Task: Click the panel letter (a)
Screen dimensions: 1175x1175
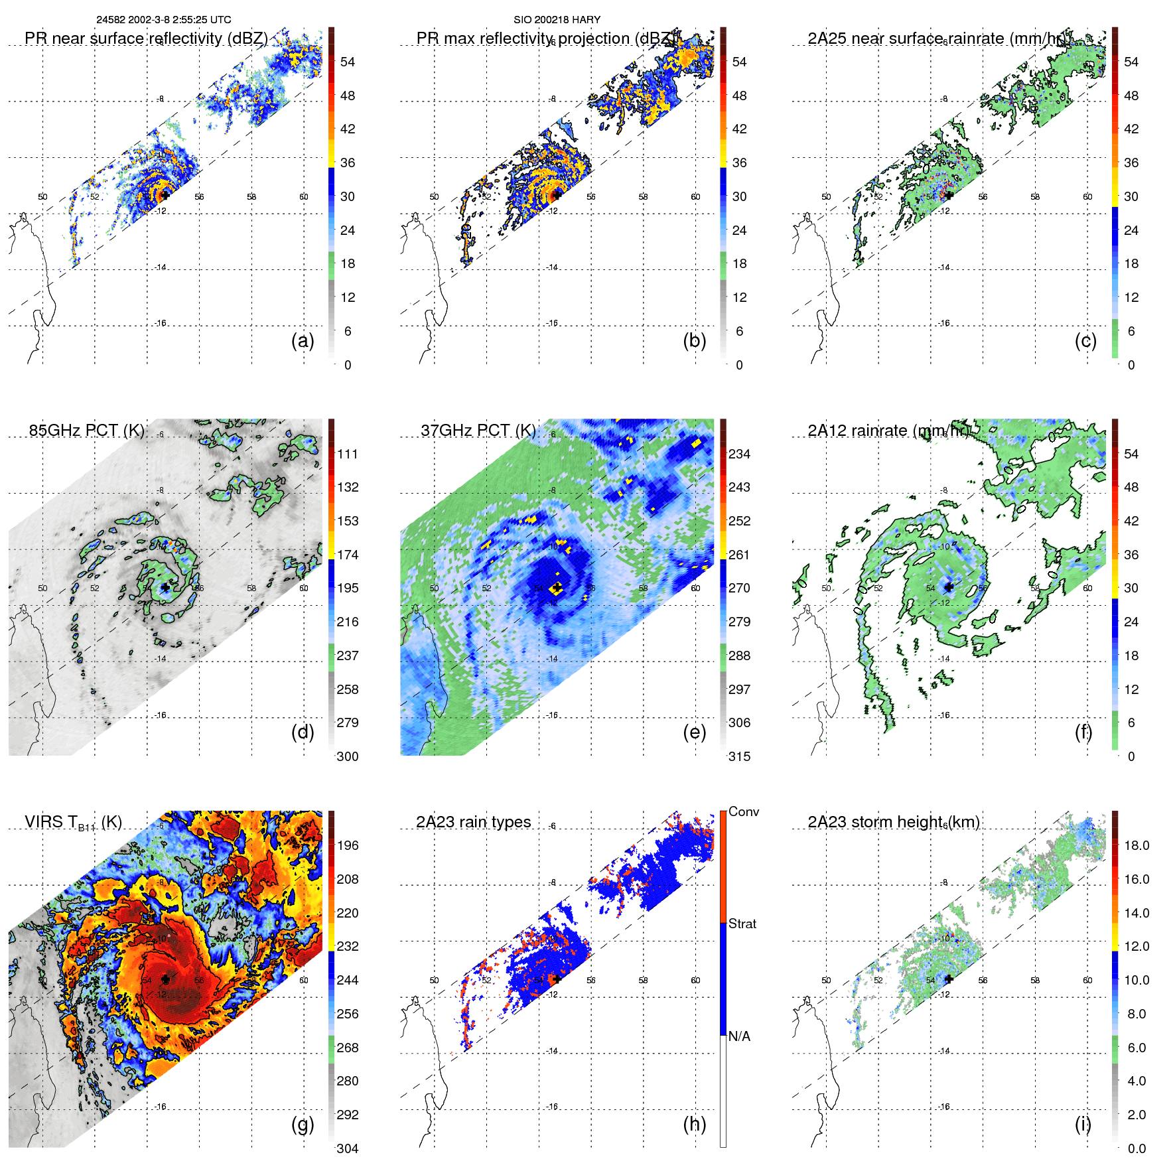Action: pos(303,341)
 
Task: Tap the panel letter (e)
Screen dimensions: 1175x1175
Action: pos(694,732)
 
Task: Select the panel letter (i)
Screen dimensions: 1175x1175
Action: pos(1083,1124)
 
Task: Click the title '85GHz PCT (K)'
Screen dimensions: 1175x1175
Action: pos(86,431)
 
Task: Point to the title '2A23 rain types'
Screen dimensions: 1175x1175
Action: pos(473,822)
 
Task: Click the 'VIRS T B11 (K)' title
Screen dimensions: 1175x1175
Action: pos(73,823)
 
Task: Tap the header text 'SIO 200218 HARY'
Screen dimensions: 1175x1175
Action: pos(557,20)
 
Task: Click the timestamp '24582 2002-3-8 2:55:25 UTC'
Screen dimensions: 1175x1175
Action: pos(164,20)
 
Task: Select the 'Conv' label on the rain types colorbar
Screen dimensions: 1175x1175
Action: pos(744,811)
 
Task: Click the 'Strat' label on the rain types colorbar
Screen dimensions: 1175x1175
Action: pos(742,924)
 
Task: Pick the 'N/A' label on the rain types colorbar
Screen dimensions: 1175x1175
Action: pos(739,1036)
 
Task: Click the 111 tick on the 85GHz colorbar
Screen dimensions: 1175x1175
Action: pos(348,454)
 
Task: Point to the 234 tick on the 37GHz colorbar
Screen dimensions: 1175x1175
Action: pos(739,454)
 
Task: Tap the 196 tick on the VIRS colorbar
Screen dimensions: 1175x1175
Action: pos(348,845)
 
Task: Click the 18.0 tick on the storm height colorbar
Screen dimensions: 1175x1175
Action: pos(1137,845)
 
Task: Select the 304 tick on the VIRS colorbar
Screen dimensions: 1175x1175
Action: pos(348,1148)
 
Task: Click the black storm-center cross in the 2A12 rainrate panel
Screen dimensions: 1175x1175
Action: pos(949,587)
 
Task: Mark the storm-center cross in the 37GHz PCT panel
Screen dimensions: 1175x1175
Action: pos(557,587)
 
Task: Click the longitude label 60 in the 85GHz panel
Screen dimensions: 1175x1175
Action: pos(304,588)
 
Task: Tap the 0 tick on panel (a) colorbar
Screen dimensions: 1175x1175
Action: pos(348,365)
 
